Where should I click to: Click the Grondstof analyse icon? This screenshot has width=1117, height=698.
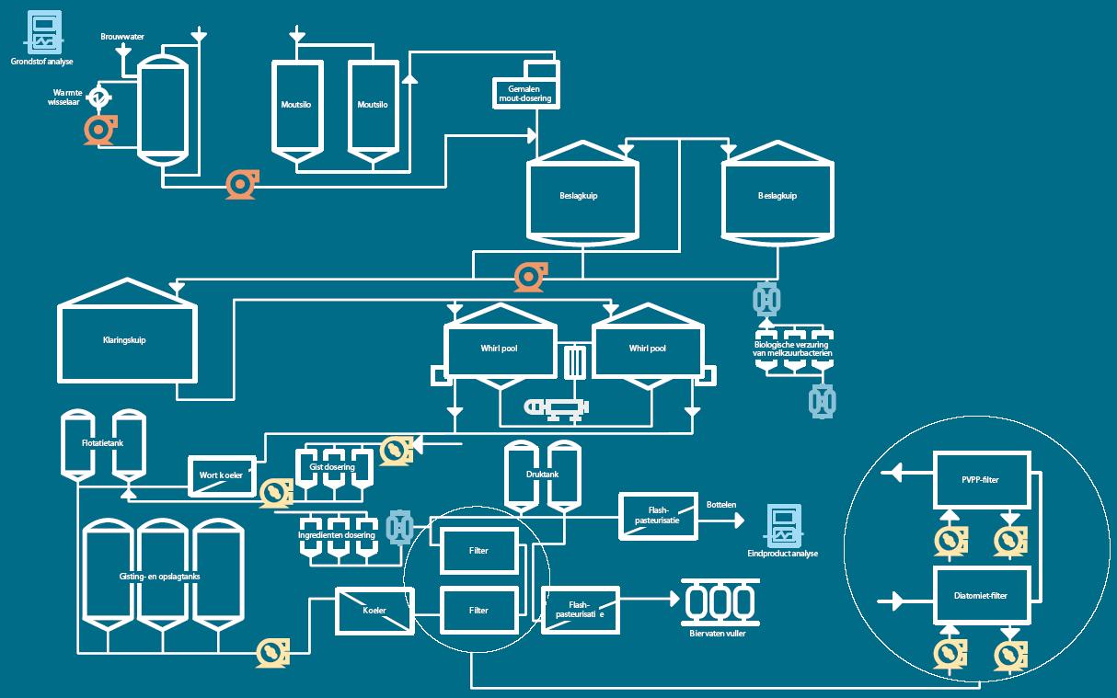[x=44, y=32]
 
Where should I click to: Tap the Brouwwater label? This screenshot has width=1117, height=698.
[x=122, y=37]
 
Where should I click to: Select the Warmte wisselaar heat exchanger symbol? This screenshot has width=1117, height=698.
[x=98, y=96]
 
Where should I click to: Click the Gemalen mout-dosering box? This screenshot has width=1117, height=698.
[x=526, y=93]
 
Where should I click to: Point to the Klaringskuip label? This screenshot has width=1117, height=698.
[x=124, y=340]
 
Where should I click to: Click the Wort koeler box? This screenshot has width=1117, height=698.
[x=222, y=476]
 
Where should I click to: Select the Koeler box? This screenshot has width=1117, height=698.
[x=374, y=611]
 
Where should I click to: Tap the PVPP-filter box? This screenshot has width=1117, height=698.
[x=982, y=480]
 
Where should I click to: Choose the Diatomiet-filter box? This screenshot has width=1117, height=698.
[x=982, y=595]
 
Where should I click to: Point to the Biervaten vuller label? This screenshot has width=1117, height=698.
[x=718, y=634]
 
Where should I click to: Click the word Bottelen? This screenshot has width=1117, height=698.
[x=721, y=505]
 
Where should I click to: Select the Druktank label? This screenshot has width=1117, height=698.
[x=542, y=475]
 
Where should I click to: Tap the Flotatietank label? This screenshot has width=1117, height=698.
[x=102, y=442]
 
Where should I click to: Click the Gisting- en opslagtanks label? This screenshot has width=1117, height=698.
[x=159, y=577]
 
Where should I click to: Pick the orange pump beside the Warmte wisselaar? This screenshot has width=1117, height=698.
[x=100, y=130]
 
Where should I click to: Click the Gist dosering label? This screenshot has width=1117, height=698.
[x=332, y=467]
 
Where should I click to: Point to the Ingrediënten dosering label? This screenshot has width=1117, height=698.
[x=337, y=535]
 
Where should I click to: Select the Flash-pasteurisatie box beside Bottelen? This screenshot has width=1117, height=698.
[x=658, y=516]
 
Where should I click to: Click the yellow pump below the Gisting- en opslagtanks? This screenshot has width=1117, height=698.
[x=272, y=652]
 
